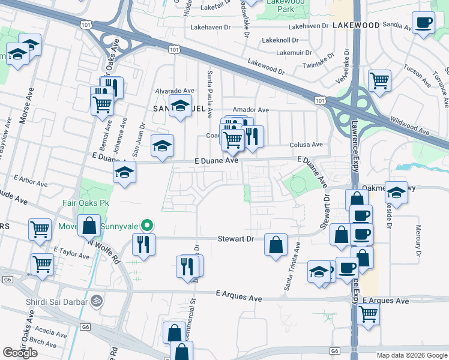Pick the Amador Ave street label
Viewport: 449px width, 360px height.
coord(251,110)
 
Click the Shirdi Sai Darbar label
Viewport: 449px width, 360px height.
coord(55,301)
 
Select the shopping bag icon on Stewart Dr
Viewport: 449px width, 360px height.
coord(276,245)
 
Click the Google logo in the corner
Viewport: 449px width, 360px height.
coord(20,353)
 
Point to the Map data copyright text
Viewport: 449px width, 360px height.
coord(411,355)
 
